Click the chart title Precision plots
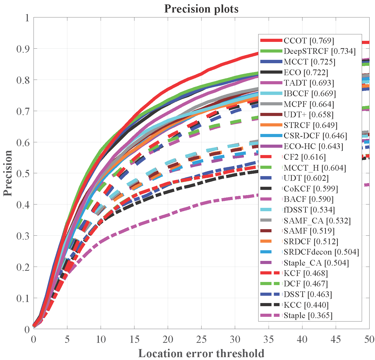pos(201,9)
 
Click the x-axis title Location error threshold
pos(201,353)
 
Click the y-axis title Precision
pos(8,173)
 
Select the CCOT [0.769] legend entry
pos(309,41)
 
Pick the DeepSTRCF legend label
pos(320,51)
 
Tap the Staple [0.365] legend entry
pos(308,316)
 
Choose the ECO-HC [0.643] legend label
pos(313,146)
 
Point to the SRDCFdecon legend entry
pos(321,252)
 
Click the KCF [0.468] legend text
pos(306,273)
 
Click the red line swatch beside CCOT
pos(271,40)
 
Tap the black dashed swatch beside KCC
pos(271,305)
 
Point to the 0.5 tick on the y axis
pos(23,173)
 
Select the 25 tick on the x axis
pos(201,339)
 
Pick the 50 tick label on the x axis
pos(369,339)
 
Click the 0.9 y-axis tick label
pos(23,49)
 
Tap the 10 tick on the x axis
pos(101,339)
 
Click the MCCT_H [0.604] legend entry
pos(315,168)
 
